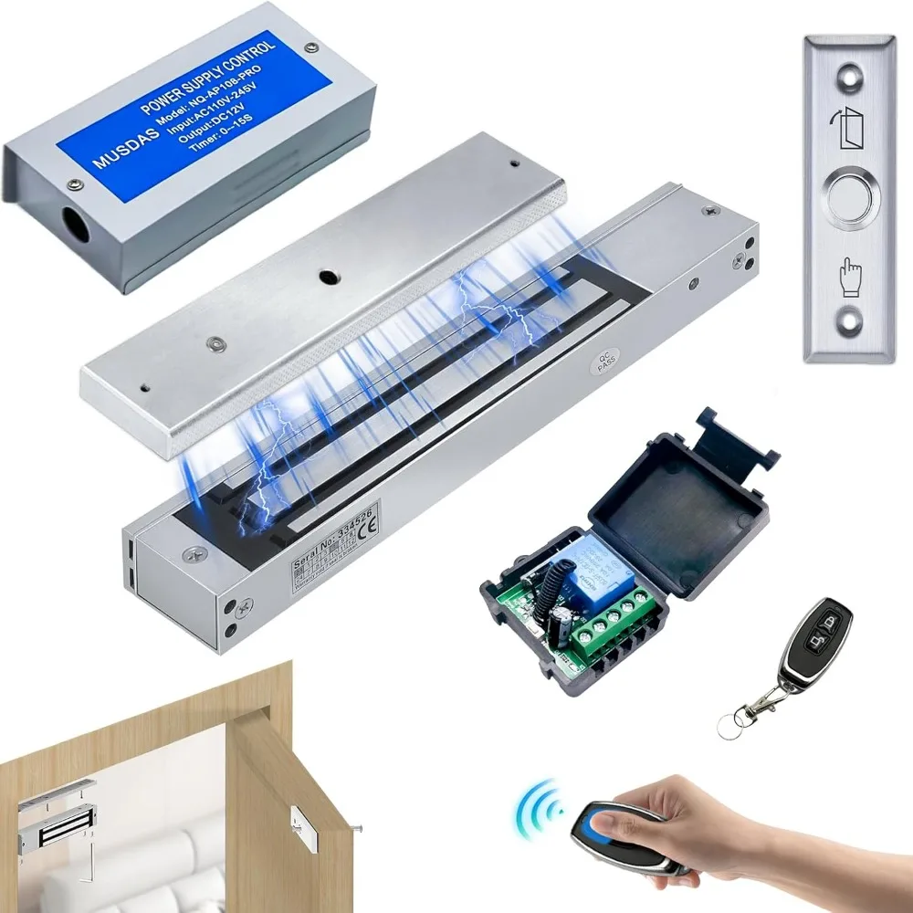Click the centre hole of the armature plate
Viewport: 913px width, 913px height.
click(325, 275)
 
